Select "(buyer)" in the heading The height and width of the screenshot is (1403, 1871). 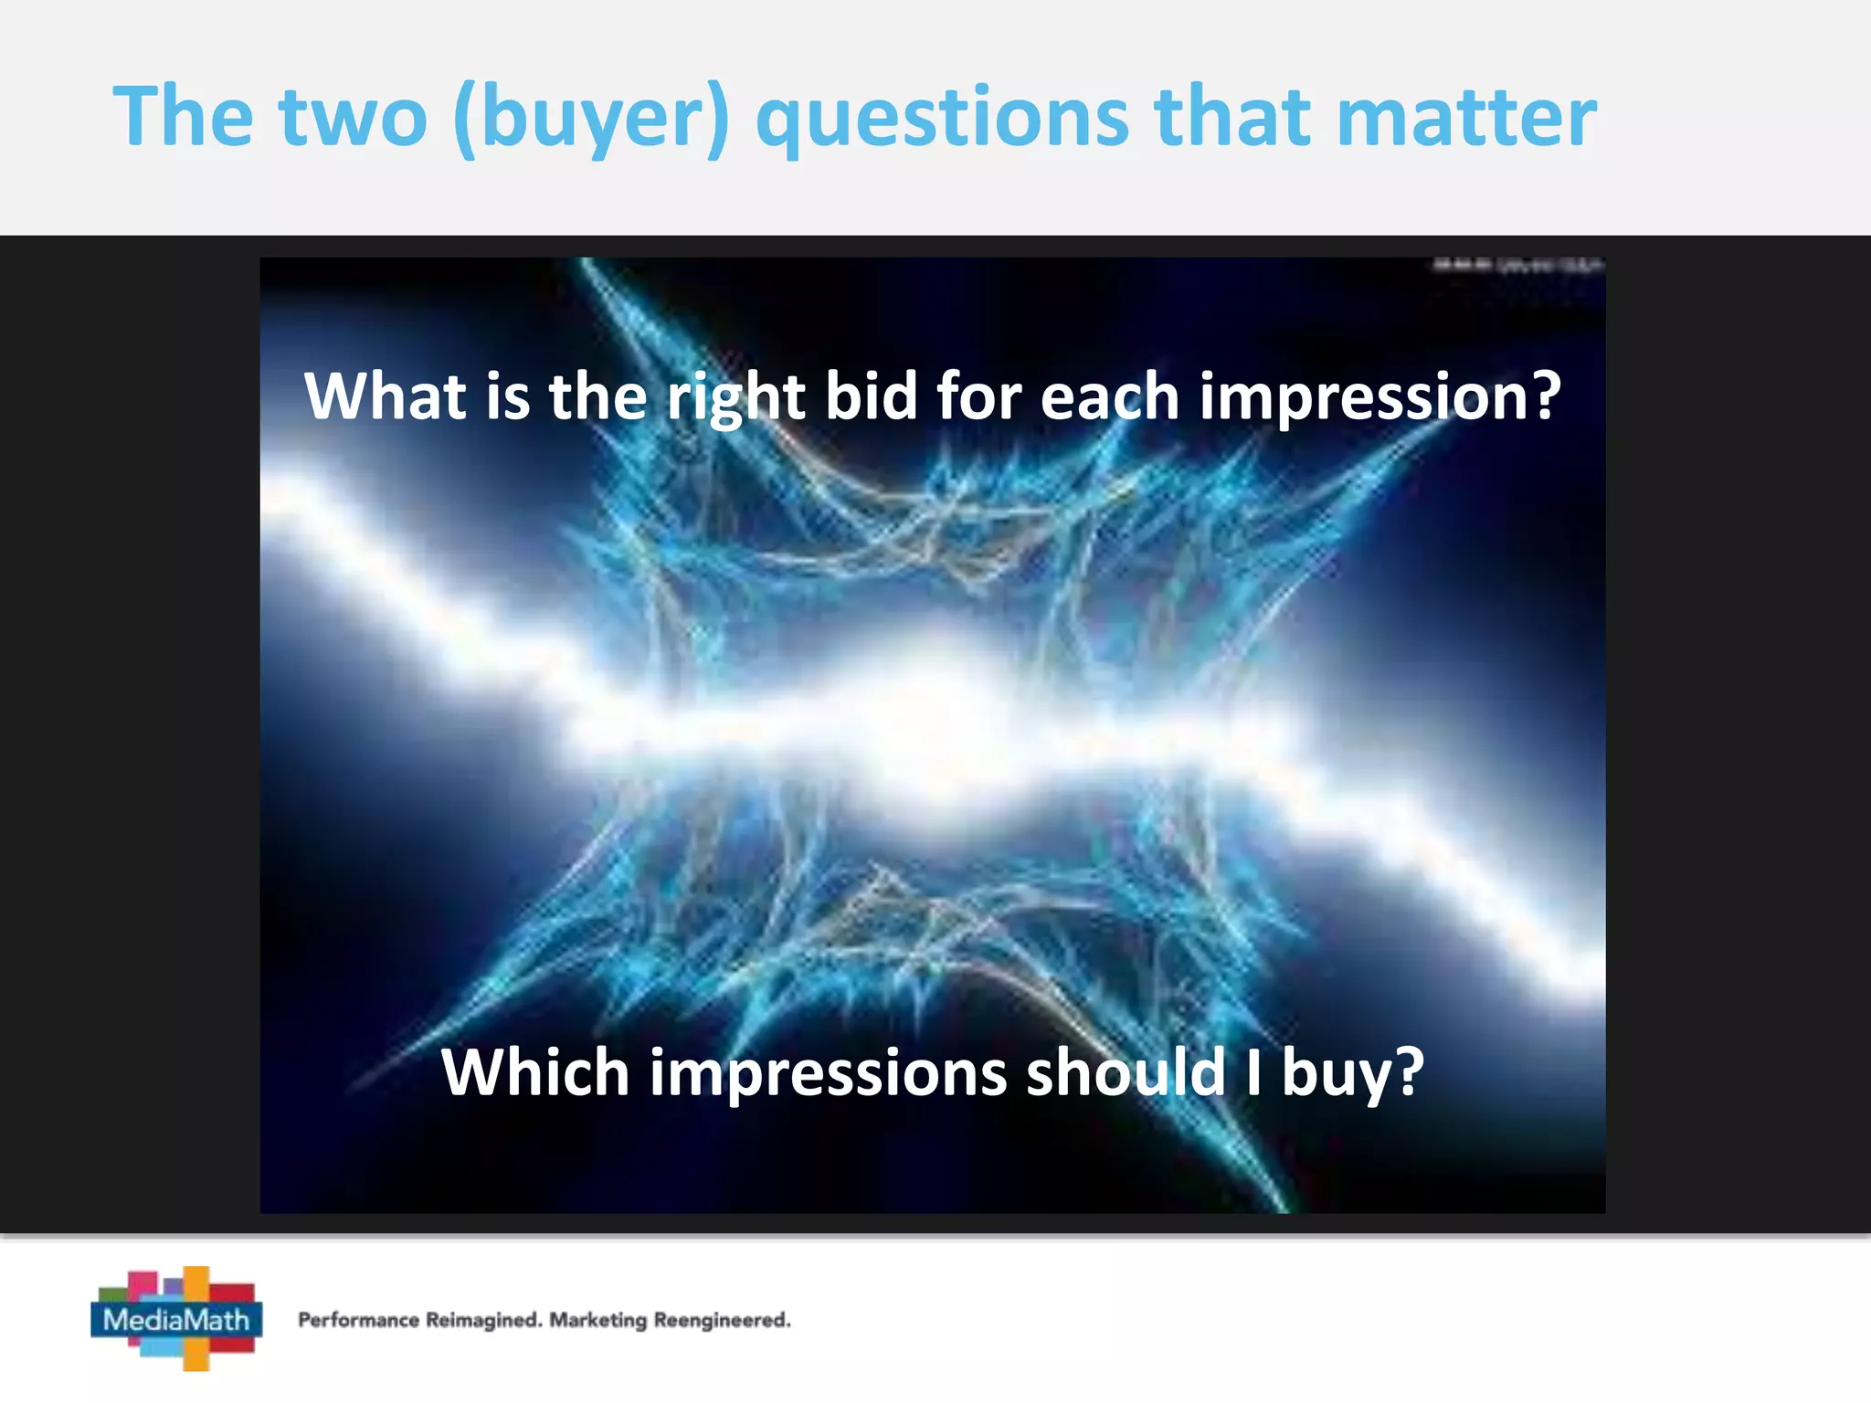click(591, 119)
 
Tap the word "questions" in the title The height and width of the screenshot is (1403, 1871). click(943, 119)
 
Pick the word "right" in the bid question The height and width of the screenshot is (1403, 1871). click(735, 398)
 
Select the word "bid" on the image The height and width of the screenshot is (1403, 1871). click(871, 396)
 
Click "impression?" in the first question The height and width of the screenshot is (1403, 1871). click(1379, 398)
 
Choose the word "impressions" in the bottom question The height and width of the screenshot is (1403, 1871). click(828, 1073)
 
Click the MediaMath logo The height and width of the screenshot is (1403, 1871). click(176, 1318)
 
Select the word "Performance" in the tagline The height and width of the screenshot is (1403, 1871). click(359, 1320)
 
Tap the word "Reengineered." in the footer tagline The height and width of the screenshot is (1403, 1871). click(722, 1320)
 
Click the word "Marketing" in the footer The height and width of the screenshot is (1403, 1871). click(597, 1320)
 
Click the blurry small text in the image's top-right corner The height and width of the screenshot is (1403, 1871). click(1517, 266)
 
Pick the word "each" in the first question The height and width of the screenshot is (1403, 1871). click(1109, 396)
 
